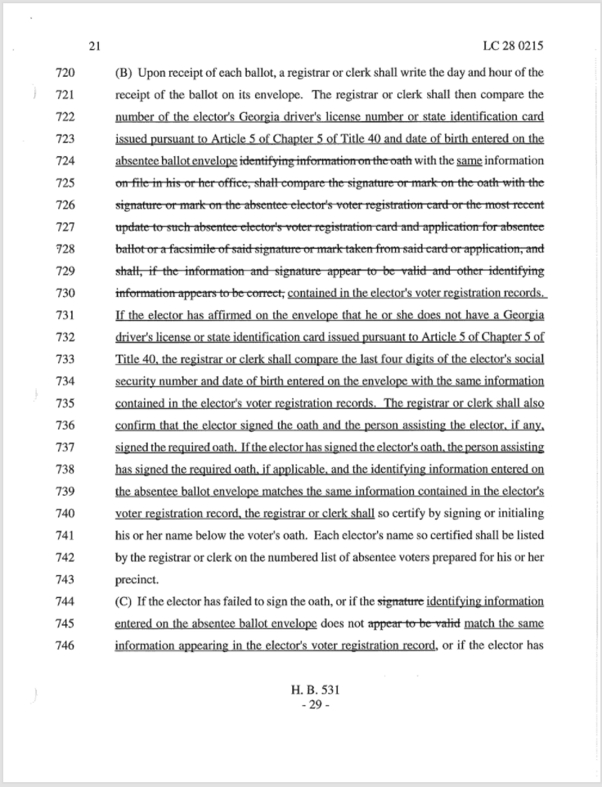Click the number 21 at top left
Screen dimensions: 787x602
coord(94,46)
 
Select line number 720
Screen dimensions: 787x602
coord(65,72)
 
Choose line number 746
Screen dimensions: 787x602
coord(65,645)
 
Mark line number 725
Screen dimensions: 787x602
coord(65,182)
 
